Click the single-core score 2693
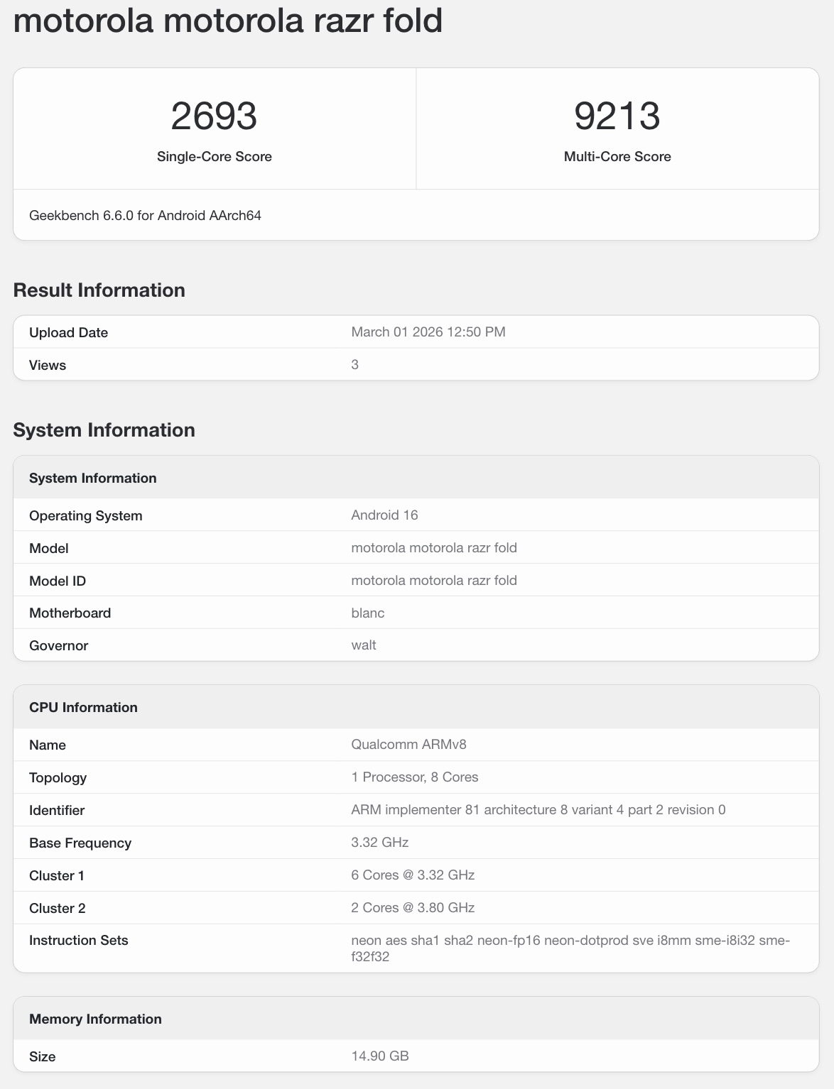click(214, 116)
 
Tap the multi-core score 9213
click(617, 116)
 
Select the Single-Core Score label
click(214, 157)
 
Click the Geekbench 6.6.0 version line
click(145, 215)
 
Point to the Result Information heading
click(99, 290)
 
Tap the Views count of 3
click(354, 364)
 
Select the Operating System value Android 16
click(384, 515)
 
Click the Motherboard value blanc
click(367, 613)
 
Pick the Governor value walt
click(363, 645)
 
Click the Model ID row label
click(58, 581)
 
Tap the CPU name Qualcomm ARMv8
click(408, 744)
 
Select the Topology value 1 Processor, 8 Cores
click(414, 777)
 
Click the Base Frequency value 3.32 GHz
click(379, 842)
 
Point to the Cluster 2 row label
click(57, 908)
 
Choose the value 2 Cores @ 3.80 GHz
click(412, 907)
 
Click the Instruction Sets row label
click(78, 940)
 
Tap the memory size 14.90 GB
click(379, 1056)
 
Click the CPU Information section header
click(83, 707)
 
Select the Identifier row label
click(57, 810)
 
